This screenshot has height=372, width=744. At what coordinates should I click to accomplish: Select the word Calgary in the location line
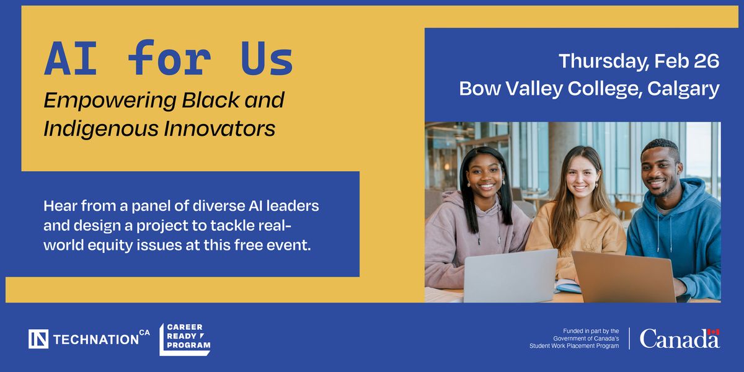(x=683, y=89)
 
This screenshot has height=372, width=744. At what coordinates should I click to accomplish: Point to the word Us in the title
(x=267, y=58)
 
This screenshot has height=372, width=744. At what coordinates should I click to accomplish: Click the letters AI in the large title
(x=71, y=58)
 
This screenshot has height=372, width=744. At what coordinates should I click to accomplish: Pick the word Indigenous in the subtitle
(x=101, y=128)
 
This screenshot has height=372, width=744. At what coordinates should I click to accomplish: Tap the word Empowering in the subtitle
(x=110, y=100)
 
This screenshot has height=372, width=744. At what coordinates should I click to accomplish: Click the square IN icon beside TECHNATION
(x=38, y=339)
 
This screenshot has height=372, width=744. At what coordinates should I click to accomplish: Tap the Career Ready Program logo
(x=185, y=339)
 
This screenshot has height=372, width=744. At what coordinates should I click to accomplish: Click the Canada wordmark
(x=680, y=339)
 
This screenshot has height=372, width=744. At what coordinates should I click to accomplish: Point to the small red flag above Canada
(x=714, y=332)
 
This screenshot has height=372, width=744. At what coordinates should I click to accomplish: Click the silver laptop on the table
(x=510, y=277)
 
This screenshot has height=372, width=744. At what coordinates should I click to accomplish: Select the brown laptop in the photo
(x=624, y=277)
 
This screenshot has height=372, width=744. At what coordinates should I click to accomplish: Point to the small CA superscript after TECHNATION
(x=144, y=332)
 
